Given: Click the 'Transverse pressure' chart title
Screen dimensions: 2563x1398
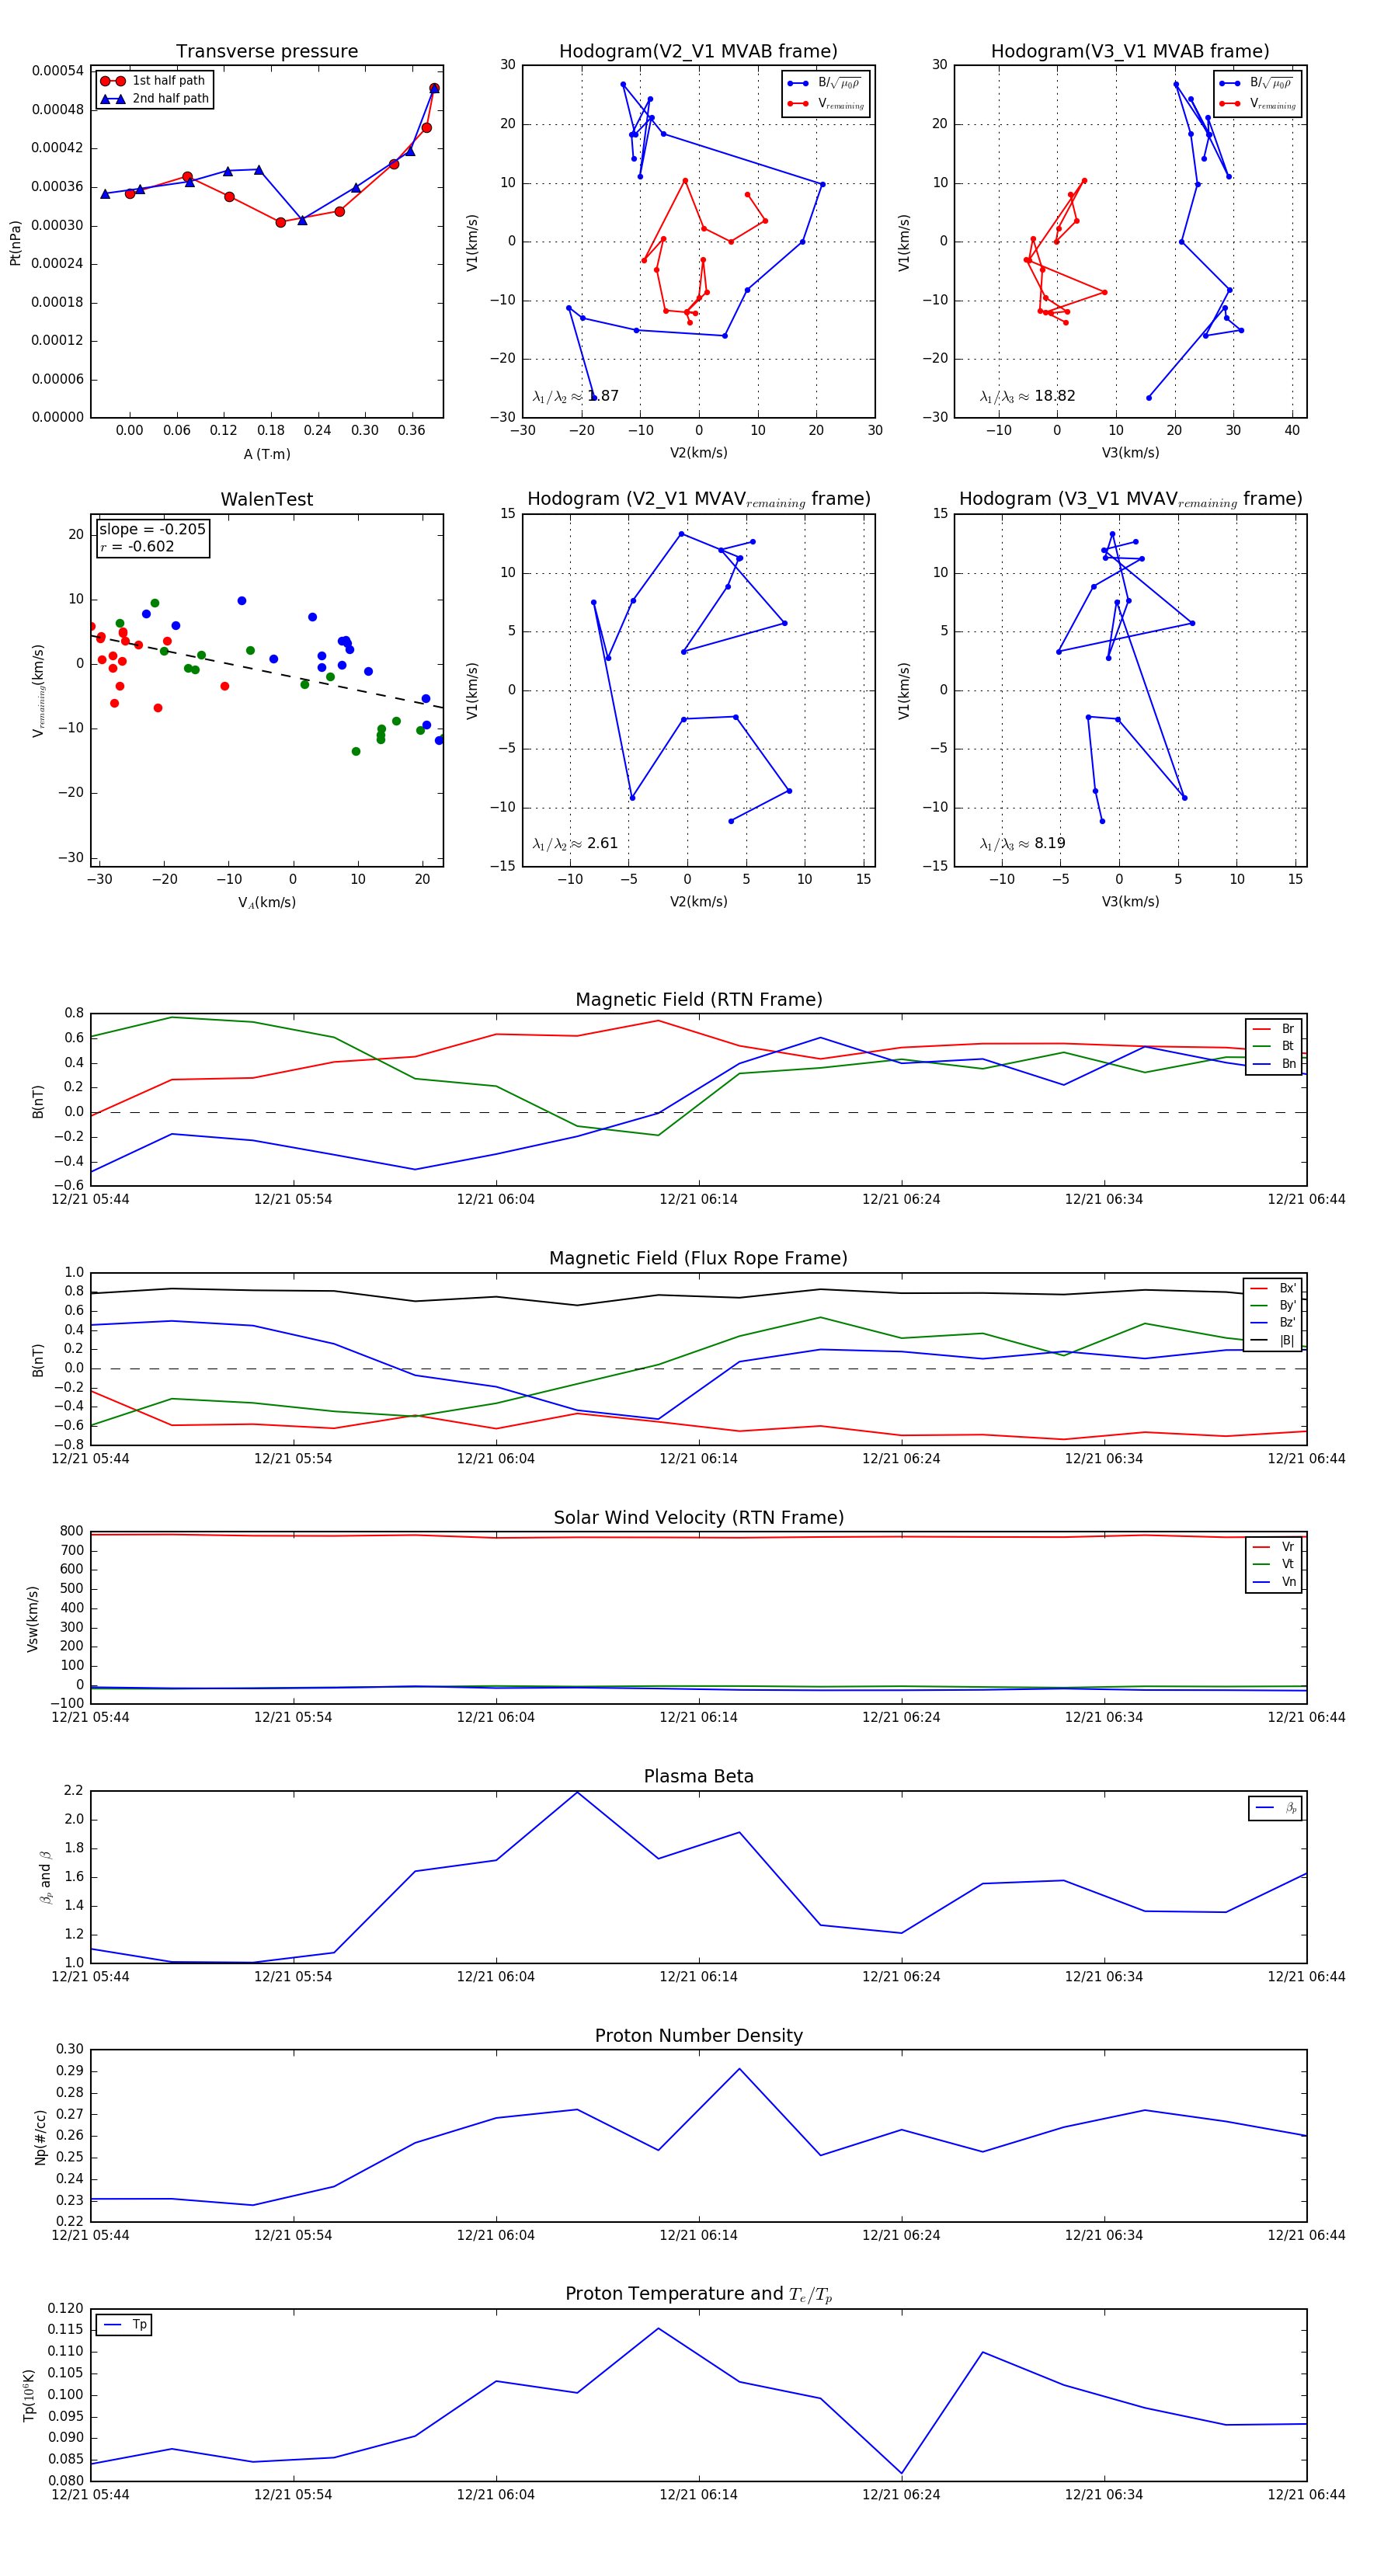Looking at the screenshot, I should pyautogui.click(x=266, y=52).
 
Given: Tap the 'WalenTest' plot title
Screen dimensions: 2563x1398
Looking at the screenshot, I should pyautogui.click(x=266, y=499).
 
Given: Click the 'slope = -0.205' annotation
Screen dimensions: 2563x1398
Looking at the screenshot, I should pyautogui.click(x=152, y=530).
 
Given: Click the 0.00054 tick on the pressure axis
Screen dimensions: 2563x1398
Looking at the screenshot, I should pyautogui.click(x=57, y=71).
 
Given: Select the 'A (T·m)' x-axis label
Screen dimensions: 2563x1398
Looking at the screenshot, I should pyautogui.click(x=266, y=454).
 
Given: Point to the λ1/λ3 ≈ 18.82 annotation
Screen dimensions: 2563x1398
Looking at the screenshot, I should pyautogui.click(x=1027, y=396).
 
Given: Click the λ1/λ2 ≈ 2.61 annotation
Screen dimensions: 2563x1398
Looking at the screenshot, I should pyautogui.click(x=575, y=843).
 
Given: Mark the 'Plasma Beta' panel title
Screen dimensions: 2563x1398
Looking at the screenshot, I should pyautogui.click(x=698, y=1776).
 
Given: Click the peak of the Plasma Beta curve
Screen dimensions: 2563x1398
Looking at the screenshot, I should pyautogui.click(x=577, y=1792).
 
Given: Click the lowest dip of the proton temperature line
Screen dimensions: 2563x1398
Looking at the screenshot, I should pyautogui.click(x=902, y=2474).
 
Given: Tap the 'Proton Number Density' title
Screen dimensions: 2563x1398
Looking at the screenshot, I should pyautogui.click(x=698, y=2035).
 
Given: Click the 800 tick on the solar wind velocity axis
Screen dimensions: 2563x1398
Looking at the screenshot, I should pyautogui.click(x=71, y=1532).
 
